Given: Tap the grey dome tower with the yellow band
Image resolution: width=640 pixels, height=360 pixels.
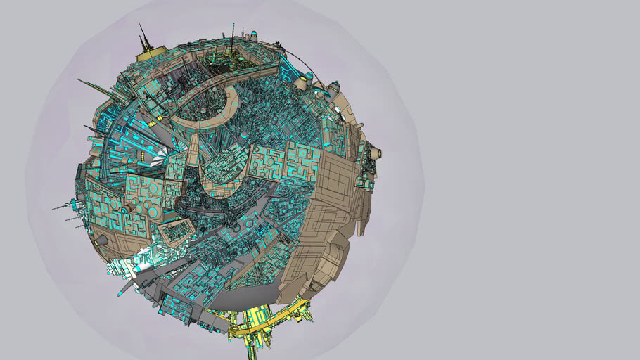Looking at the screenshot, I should [333, 87].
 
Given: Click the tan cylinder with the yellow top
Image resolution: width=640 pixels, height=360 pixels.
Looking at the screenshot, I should [302, 82].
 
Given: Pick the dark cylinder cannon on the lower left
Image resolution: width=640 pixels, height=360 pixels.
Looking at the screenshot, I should [101, 240].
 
